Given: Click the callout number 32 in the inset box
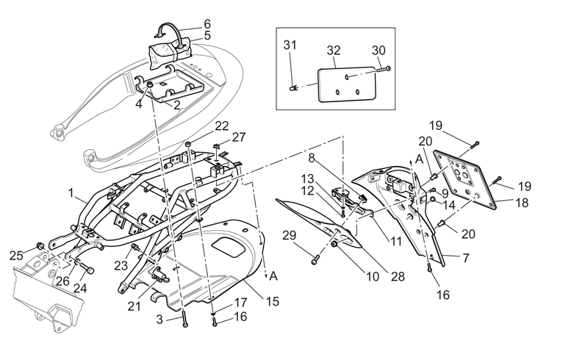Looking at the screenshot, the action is tap(334, 50).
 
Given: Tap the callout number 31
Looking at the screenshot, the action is tap(290, 45).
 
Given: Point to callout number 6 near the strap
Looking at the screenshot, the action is tap(207, 24).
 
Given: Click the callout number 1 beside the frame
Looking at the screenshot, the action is tap(71, 193).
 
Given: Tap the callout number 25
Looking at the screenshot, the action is tap(16, 256).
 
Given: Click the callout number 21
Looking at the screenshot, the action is tap(134, 306).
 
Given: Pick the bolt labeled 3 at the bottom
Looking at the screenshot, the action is tap(184, 319).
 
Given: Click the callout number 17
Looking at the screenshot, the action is tap(241, 302).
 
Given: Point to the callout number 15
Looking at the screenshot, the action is tap(273, 301).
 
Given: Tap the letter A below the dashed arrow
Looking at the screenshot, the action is tap(273, 276).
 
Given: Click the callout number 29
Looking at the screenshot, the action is tap(289, 236).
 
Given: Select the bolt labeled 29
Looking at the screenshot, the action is tap(315, 259).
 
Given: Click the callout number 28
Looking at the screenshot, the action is tap(398, 277).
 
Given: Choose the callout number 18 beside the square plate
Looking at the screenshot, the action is tap(522, 203).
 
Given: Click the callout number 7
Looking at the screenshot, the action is tap(466, 258).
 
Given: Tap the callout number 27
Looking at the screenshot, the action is tap(239, 137).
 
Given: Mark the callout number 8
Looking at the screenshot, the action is tap(311, 158).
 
